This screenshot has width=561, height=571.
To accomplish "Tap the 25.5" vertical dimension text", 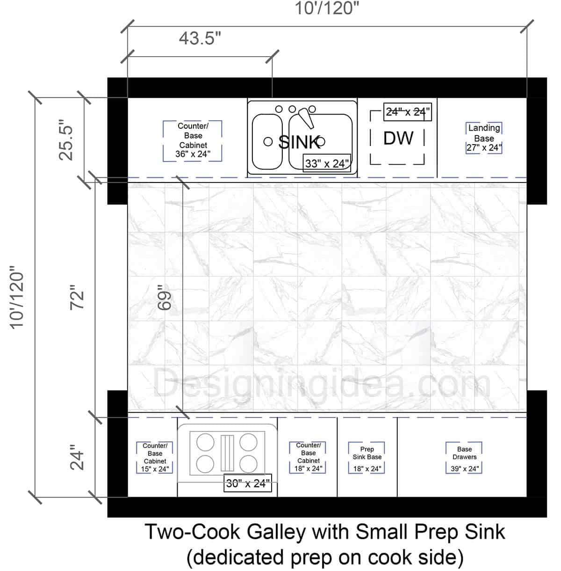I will pos(66,143).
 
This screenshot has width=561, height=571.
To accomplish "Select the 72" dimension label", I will pos(77,297).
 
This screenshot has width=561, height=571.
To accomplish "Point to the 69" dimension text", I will pos(165,298).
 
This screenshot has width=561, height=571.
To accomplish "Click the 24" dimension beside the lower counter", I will pos(77,457).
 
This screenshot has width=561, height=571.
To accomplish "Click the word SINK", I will pos(299,142).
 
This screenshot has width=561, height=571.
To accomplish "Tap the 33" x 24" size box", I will pos(327,163).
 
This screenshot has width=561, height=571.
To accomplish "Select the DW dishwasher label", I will pos(398,139).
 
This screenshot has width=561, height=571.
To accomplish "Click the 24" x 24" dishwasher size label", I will pos(407,112).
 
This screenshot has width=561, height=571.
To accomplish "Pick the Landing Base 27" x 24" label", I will pos(484,138).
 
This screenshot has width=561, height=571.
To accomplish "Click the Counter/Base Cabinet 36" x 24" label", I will pos(193,140).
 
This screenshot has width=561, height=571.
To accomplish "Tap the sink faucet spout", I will pos(307,118).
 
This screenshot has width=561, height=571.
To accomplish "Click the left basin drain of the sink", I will pos(268,141).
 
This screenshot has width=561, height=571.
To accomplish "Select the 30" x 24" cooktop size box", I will pos(247,483).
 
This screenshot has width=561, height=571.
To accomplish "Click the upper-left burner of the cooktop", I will pos(205,442).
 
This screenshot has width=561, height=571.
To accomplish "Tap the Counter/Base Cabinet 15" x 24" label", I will pos(155,457).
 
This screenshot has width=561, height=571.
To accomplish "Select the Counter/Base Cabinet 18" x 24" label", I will pos(308,457).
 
